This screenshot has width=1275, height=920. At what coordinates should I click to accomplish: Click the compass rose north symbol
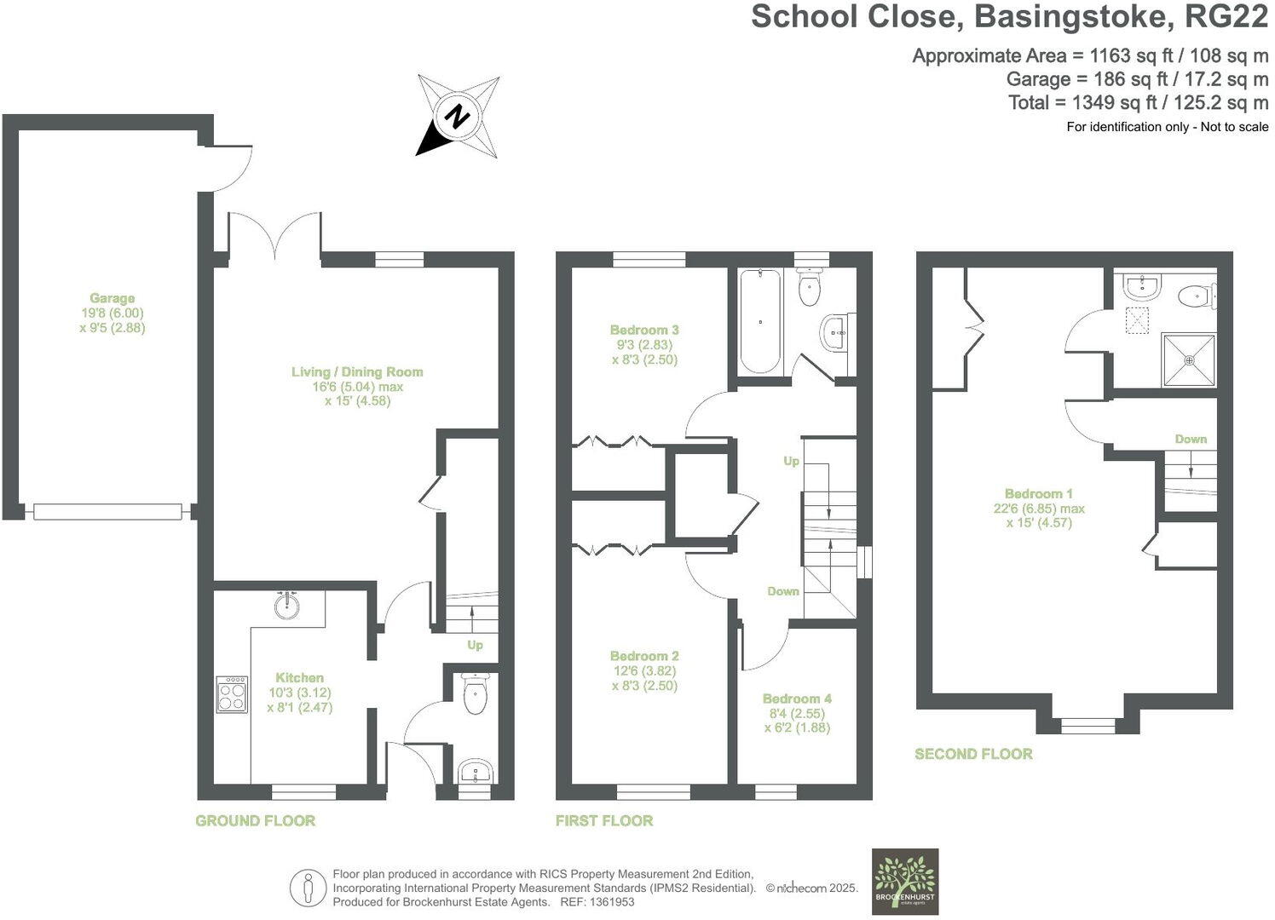click(459, 116)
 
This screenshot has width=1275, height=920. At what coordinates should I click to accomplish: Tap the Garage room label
click(112, 299)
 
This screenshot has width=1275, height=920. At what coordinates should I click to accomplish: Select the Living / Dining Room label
click(357, 372)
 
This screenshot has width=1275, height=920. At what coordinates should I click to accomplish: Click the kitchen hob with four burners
click(232, 694)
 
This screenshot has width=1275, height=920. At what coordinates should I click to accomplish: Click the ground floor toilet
click(473, 694)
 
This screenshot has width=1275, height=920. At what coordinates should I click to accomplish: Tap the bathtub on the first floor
click(759, 321)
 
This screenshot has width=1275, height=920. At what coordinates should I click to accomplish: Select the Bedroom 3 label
click(644, 331)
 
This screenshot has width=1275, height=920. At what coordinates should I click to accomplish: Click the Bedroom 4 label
click(797, 699)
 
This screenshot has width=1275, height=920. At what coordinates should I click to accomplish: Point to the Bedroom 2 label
click(644, 656)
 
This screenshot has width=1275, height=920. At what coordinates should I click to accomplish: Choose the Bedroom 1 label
click(1038, 494)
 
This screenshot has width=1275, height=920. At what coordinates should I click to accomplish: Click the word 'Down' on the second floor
click(1191, 440)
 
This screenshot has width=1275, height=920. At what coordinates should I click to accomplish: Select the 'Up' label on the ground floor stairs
click(475, 645)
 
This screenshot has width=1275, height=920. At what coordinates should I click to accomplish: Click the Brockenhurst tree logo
click(904, 881)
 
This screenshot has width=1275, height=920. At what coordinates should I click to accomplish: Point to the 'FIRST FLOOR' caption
click(604, 821)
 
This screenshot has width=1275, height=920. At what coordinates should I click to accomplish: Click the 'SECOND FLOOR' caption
click(973, 754)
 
